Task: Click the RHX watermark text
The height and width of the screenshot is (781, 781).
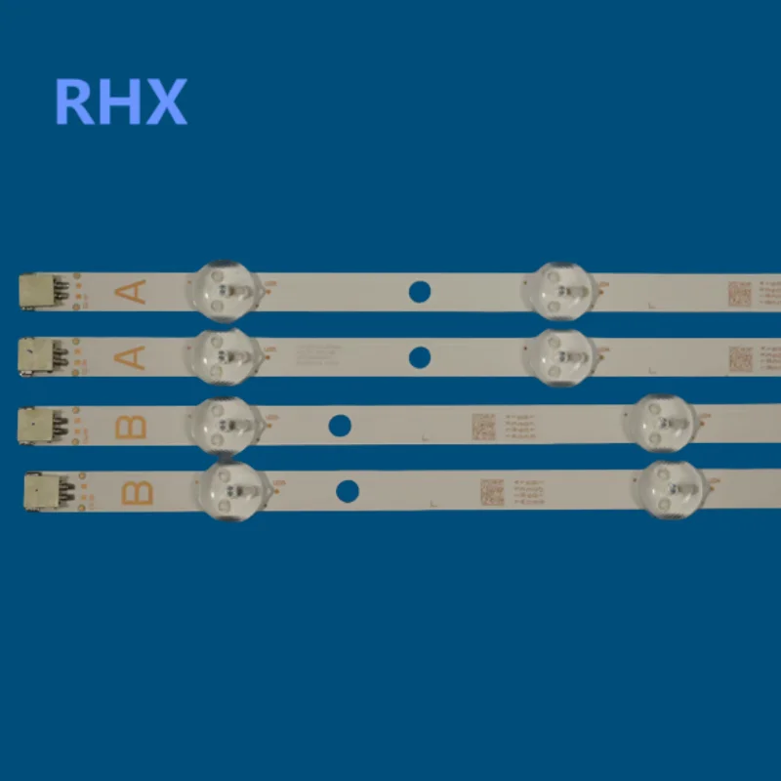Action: (120, 102)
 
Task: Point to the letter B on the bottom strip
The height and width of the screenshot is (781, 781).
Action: (138, 491)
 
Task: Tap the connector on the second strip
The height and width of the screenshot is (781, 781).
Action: (35, 356)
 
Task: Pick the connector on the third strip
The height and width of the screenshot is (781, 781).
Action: (35, 425)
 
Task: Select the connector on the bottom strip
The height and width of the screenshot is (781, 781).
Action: (39, 491)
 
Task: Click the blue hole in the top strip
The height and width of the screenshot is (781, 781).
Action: (419, 291)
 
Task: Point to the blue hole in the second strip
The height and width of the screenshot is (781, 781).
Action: (419, 357)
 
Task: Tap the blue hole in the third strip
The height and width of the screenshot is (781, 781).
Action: (340, 425)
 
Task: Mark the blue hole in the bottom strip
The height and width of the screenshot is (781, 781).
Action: (347, 491)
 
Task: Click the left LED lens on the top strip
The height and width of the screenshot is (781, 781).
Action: (227, 291)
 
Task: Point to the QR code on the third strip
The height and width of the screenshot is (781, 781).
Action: (484, 426)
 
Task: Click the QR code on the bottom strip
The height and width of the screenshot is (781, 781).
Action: (491, 490)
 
